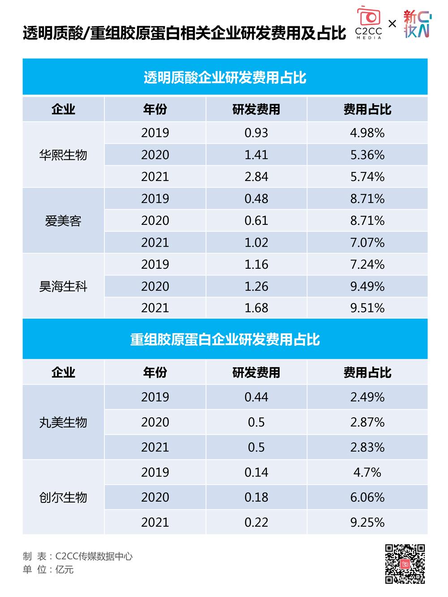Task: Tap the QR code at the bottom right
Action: click(405, 564)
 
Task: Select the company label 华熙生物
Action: click(63, 155)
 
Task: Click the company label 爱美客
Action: click(63, 221)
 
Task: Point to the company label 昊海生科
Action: click(63, 287)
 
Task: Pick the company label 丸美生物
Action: click(63, 422)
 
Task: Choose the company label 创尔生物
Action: click(63, 498)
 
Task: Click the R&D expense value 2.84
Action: click(256, 177)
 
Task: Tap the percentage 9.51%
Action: click(367, 308)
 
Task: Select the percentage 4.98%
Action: click(367, 133)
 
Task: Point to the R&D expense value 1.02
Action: click(256, 243)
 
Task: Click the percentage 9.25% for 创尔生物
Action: click(367, 522)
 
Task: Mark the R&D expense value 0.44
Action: click(256, 397)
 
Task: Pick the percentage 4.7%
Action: click(367, 472)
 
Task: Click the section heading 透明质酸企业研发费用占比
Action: click(225, 77)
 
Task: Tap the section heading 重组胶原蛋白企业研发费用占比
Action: click(225, 339)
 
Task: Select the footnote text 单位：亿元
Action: click(48, 570)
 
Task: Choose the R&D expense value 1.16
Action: click(256, 265)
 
